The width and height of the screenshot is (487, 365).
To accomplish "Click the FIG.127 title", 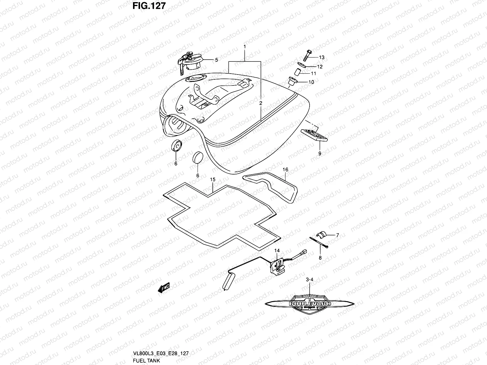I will point(149,6).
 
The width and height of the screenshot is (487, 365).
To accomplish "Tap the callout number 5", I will point(216,60).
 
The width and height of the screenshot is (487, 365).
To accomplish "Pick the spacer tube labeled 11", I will point(297,73).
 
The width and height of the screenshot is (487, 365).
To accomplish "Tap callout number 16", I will point(285,170).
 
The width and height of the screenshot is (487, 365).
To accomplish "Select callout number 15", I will point(212,180).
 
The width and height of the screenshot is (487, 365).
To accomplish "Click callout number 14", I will point(277,251).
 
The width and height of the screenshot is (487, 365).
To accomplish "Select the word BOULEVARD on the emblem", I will point(310,304).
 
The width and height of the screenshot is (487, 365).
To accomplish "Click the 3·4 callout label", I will point(309,279).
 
